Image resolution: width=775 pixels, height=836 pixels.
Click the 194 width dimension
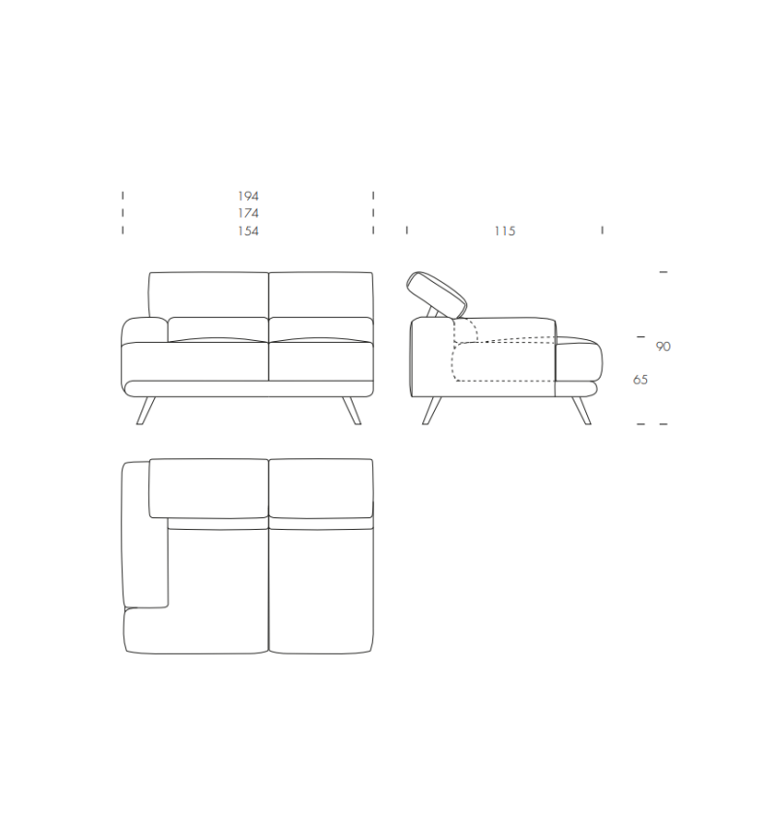coord(248,197)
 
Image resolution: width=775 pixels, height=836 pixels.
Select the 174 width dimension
coord(248,213)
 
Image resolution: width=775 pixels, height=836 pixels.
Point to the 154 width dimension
coord(248,231)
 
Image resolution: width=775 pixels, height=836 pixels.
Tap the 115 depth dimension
coord(504,231)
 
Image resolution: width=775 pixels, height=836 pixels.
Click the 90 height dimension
coord(663,347)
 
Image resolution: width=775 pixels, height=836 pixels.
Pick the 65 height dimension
coord(640,380)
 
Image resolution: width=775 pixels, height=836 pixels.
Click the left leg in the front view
coord(145,411)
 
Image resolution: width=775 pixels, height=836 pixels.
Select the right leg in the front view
coord(352,411)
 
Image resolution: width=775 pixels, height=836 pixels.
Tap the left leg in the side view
coord(432,411)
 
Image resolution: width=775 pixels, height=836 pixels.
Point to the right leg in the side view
coord(581,411)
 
